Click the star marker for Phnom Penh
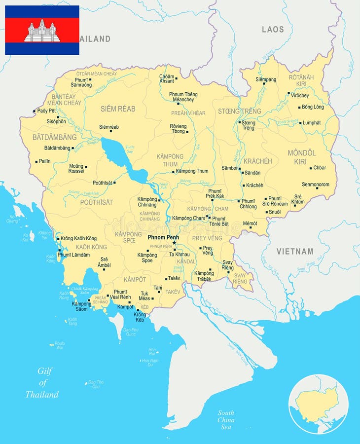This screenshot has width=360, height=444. click(174, 243)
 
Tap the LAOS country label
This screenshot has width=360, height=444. click(273, 29)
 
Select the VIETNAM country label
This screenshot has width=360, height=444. click(294, 251)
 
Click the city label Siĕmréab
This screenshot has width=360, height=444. click(109, 127)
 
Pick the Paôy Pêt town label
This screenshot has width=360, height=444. click(47, 111)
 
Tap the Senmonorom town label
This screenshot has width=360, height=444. click(316, 184)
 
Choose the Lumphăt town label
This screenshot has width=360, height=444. click(312, 122)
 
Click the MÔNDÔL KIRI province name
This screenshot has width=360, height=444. click(301, 157)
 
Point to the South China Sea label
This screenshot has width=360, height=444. click(226, 419)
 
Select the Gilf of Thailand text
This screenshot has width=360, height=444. click(42, 382)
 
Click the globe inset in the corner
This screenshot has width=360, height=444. click(318, 404)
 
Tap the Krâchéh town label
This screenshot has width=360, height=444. click(254, 185)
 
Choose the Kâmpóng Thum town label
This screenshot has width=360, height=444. click(192, 171)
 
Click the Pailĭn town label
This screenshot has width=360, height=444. click(45, 161)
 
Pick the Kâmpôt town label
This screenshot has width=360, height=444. click(125, 307)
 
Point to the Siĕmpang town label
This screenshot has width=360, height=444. click(266, 79)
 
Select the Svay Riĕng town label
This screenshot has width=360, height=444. click(228, 265)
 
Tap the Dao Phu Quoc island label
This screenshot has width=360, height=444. click(131, 332)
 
